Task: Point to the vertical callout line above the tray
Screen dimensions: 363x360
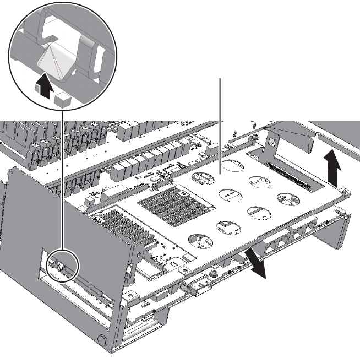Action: coord(221,121)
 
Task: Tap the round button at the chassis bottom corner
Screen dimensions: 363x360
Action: coord(102,340)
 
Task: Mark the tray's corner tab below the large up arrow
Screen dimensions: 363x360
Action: coord(344,191)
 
